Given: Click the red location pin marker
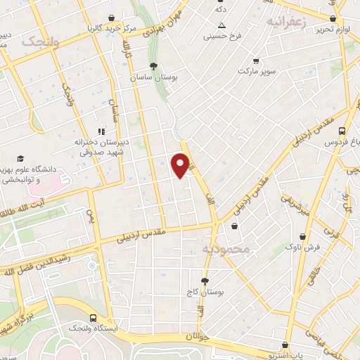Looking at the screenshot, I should point(181,164).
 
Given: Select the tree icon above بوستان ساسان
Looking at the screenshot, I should point(153,65).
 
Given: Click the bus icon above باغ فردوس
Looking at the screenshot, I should point(342,131).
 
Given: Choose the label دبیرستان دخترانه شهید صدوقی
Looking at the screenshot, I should point(100,146).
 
